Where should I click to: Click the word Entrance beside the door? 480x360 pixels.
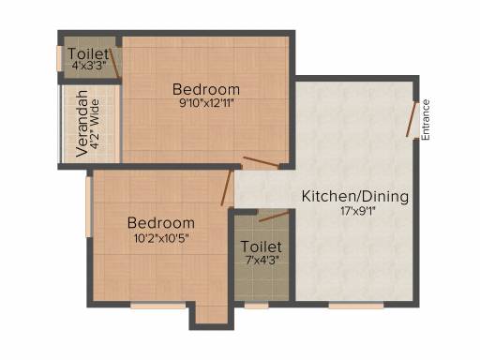coord(426,120)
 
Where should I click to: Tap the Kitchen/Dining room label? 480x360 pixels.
coord(355,197)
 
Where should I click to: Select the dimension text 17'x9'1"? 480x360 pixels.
coord(358,212)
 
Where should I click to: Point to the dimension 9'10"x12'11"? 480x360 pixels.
coord(206,103)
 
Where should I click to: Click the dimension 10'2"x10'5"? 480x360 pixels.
coord(161,238)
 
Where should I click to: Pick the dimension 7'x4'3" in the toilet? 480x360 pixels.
coord(262,260)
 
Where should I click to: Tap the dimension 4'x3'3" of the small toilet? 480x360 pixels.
coord(89,66)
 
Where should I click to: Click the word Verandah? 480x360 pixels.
coord(82,124)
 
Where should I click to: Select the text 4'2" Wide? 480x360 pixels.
coord(95,125)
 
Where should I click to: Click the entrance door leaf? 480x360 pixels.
coord(412,119)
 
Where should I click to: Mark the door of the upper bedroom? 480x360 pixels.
coord(262,162)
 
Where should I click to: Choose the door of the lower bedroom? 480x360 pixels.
coord(226,187)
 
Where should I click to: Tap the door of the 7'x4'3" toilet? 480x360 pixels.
coord(275,217)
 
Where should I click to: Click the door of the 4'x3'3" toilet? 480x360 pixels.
coord(114,63)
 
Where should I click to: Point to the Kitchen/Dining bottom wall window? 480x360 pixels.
coord(356,306)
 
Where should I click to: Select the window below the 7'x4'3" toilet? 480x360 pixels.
coord(256,306)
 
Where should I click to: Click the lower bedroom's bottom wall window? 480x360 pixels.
coord(158,306)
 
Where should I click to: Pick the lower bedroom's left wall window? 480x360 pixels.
coord(88,207)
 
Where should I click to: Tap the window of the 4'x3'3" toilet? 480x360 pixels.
coord(59,58)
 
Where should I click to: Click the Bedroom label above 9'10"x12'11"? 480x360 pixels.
coord(206,89)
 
